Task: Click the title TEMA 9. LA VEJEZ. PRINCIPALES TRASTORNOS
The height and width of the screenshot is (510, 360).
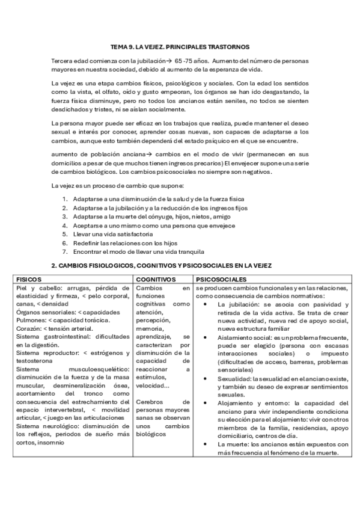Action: click(x=180, y=46)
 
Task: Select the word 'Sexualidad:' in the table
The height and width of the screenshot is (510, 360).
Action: click(x=231, y=379)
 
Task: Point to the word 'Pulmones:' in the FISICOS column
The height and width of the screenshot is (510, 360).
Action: click(x=31, y=304)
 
